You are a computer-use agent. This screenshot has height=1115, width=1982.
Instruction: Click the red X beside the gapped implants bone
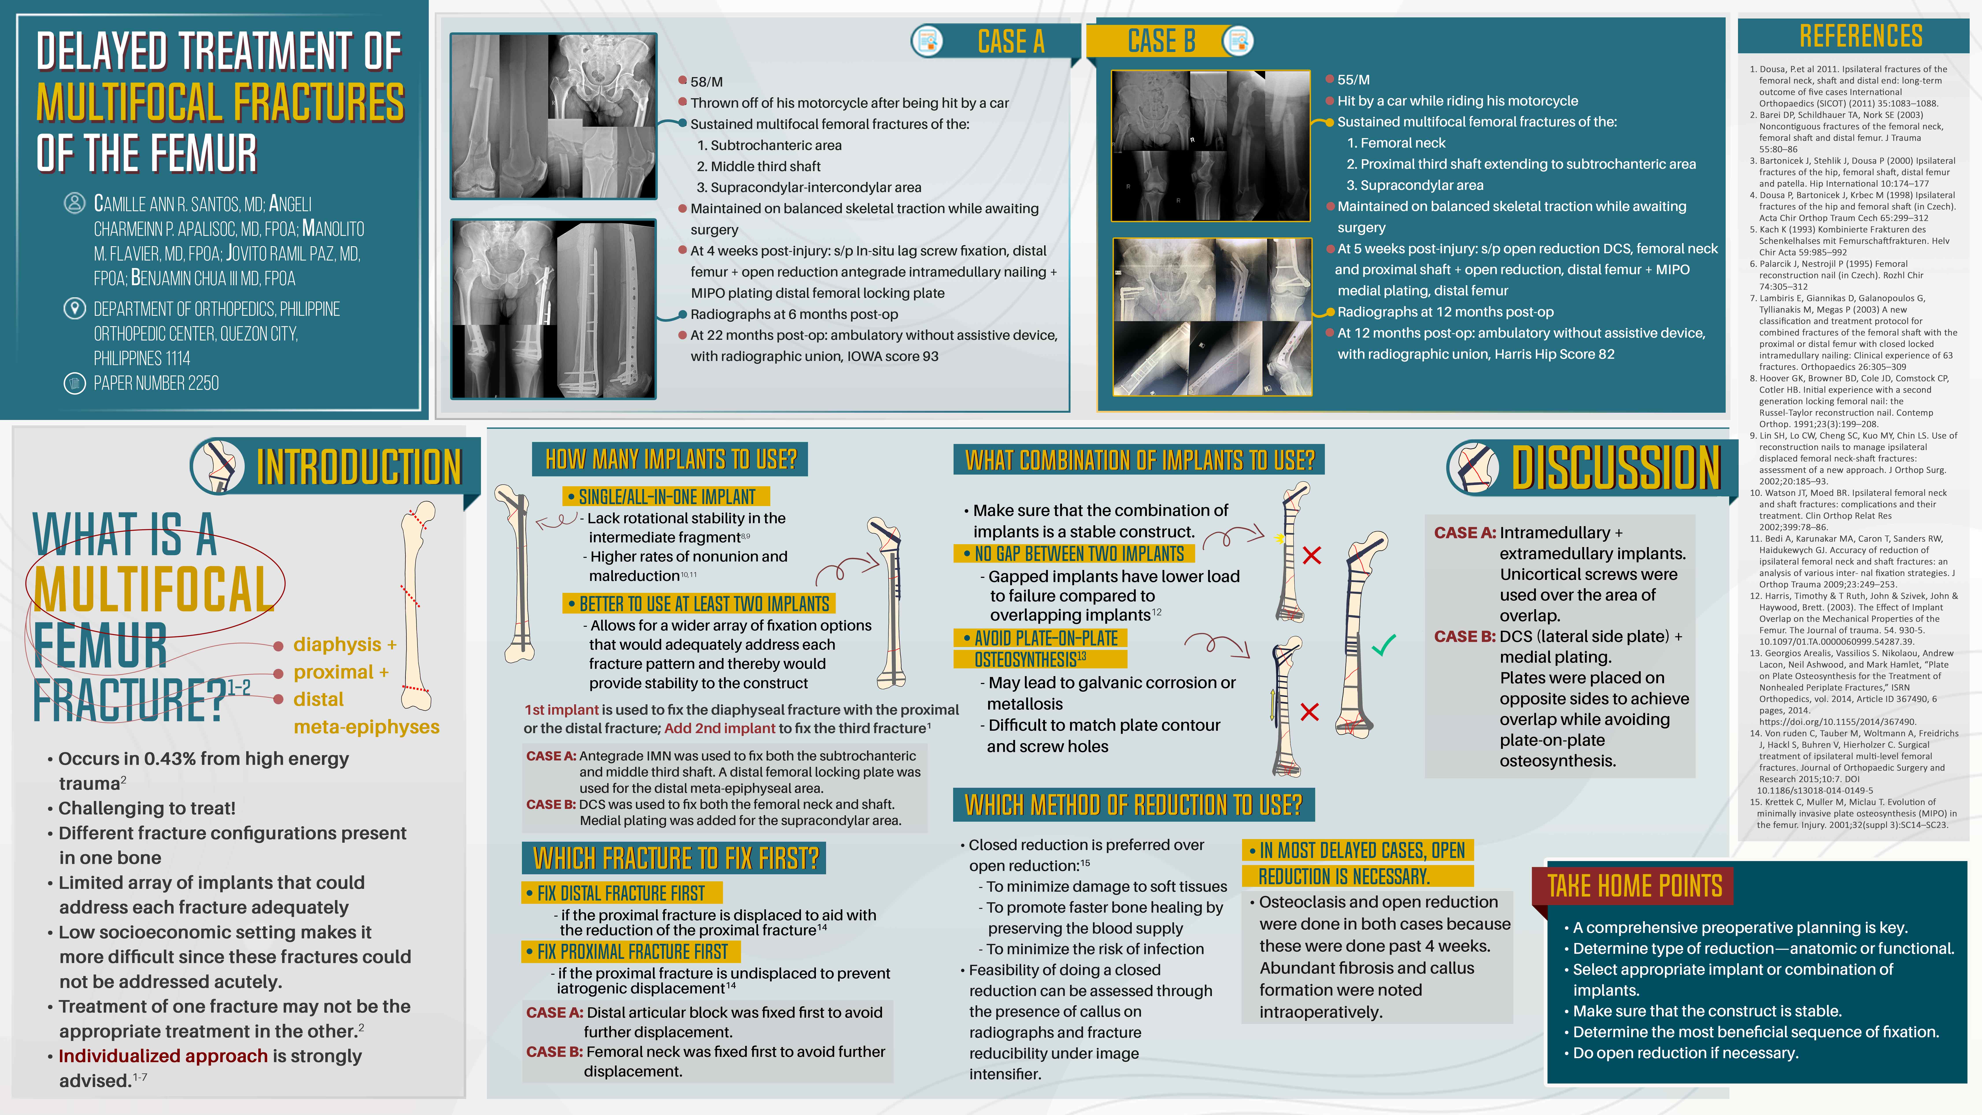coord(1312,555)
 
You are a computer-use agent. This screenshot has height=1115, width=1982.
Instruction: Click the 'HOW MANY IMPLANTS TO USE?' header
coord(670,459)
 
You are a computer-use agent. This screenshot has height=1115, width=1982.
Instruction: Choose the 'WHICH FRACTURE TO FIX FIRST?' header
coord(675,858)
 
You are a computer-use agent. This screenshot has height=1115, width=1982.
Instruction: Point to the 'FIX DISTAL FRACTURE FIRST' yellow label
coord(621,893)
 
